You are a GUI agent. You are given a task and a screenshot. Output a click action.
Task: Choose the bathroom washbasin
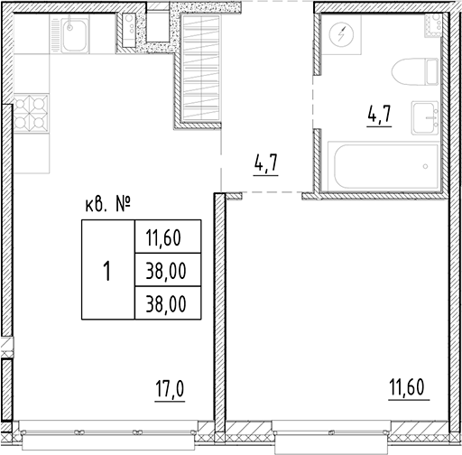point(425,116)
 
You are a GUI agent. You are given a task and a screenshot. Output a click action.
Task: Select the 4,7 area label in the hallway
point(266,167)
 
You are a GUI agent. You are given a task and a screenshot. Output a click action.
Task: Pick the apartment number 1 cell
point(106,270)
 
